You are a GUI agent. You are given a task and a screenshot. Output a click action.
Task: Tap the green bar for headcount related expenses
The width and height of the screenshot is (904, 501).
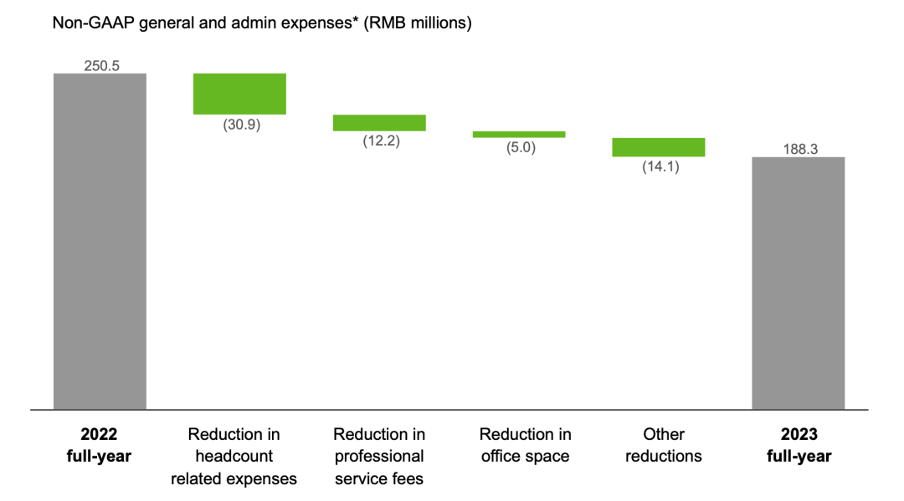pyautogui.click(x=239, y=94)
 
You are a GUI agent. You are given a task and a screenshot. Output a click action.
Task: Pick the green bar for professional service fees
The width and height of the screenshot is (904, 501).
pyautogui.click(x=379, y=123)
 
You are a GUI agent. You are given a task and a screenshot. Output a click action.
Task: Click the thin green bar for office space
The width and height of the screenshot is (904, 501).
pyautogui.click(x=519, y=134)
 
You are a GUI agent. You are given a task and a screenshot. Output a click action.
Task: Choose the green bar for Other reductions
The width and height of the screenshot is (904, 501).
pyautogui.click(x=658, y=147)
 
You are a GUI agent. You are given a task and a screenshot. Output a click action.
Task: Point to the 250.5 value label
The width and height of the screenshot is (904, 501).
pyautogui.click(x=100, y=65)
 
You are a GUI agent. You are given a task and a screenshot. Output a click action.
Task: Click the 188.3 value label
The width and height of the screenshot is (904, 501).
pyautogui.click(x=798, y=149)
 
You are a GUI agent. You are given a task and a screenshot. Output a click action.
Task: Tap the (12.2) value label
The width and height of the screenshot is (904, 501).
pyautogui.click(x=381, y=141)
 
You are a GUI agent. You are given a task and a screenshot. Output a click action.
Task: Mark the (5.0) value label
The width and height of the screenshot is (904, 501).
pyautogui.click(x=520, y=147)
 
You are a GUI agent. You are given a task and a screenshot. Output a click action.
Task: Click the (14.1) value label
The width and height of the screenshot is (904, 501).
pyautogui.click(x=660, y=166)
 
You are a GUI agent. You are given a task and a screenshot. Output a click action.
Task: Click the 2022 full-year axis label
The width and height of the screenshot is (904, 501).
pyautogui.click(x=100, y=445)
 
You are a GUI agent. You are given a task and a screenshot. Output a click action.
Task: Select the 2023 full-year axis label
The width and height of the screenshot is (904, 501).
pyautogui.click(x=798, y=445)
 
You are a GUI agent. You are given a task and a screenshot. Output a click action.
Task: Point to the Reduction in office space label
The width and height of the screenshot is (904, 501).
pyautogui.click(x=525, y=445)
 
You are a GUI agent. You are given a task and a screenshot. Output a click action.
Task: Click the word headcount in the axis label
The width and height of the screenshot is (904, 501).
pyautogui.click(x=234, y=457)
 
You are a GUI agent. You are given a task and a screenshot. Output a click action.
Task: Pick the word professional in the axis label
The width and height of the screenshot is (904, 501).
pyautogui.click(x=379, y=457)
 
